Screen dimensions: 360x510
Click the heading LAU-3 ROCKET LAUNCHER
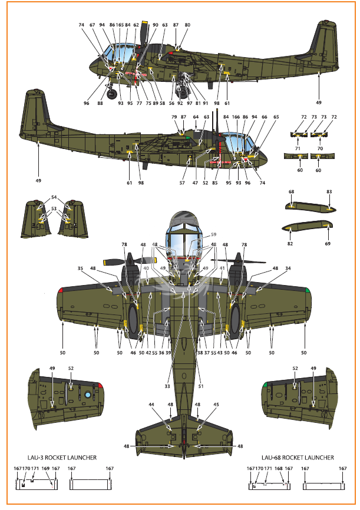62,458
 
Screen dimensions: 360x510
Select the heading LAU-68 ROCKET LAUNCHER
298,458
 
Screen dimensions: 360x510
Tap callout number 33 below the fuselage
167,386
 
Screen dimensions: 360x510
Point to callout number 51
201,386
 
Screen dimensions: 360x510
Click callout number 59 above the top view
213,234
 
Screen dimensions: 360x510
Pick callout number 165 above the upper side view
120,25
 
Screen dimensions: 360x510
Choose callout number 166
236,117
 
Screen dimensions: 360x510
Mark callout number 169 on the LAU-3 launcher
45,468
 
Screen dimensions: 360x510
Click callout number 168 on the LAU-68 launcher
279,468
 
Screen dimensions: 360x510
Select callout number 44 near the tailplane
151,405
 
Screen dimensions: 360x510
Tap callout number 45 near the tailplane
216,405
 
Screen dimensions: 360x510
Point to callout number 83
329,191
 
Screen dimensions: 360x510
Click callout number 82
290,244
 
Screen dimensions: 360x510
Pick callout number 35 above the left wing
80,269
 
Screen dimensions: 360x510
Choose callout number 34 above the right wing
288,269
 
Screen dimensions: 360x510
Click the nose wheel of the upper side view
113,94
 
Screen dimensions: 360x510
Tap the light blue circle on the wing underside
88,395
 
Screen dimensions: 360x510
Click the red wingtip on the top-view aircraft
60,290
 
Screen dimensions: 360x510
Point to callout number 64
196,117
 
